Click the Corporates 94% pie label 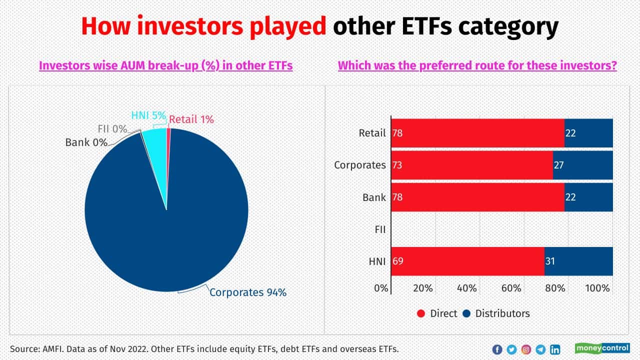247,292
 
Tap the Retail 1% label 191,119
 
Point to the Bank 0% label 86,142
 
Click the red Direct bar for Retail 477,133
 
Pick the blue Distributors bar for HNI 578,261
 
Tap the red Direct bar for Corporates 471,165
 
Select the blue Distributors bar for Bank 588,197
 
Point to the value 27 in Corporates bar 559,165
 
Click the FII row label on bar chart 380,229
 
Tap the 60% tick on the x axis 511,288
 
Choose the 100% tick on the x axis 597,288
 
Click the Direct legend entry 437,313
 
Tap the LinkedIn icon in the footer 555,349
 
